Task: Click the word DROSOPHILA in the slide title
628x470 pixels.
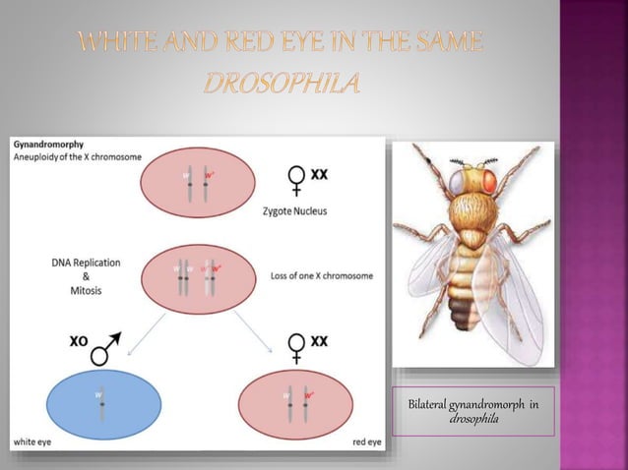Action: coord(283,82)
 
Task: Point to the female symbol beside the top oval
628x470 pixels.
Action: coord(295,180)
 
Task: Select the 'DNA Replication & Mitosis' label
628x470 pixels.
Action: coord(87,277)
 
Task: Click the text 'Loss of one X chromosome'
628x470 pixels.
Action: coord(321,276)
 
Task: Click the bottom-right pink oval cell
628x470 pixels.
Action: coord(297,403)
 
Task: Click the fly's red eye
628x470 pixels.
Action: coord(486,182)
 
